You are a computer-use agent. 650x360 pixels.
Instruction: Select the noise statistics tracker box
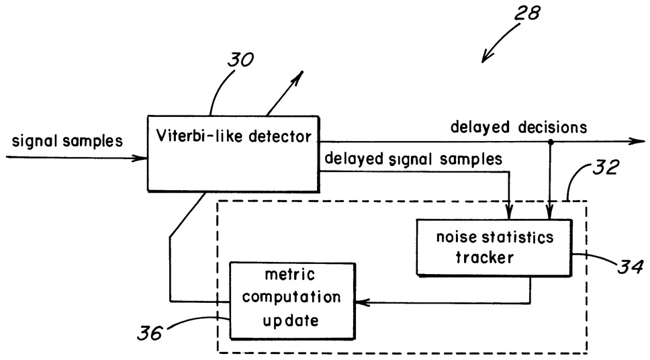494,246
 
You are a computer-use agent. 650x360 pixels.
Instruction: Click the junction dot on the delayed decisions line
551,142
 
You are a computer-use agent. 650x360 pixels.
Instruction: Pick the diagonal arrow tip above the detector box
297,73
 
